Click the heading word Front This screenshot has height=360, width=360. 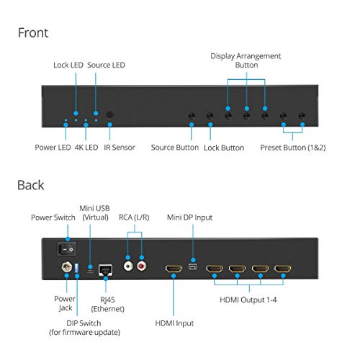tap(33, 32)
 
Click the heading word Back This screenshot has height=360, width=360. tap(31, 185)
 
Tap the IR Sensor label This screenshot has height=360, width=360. tap(120, 148)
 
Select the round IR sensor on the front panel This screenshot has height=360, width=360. tap(109, 114)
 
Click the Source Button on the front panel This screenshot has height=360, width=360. tap(192, 116)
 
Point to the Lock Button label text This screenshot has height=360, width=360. tap(224, 148)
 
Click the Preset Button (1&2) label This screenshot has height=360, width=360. tap(293, 148)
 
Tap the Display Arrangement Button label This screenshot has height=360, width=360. tap(246, 60)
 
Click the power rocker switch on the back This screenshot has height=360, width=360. tap(67, 249)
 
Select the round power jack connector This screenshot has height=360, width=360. tap(67, 267)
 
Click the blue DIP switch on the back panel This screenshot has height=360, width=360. tap(77, 268)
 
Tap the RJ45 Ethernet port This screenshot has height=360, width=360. tap(105, 270)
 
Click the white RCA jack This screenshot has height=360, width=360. tap(128, 266)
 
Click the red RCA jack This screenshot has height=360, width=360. tap(142, 266)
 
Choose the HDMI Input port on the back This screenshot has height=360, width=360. tap(174, 269)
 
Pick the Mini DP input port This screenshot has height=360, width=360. tap(193, 266)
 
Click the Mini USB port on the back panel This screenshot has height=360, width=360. tap(90, 271)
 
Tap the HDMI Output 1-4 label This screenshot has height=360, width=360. tap(248, 300)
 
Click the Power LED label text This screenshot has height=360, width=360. tap(53, 148)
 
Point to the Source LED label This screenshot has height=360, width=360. tap(106, 65)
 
